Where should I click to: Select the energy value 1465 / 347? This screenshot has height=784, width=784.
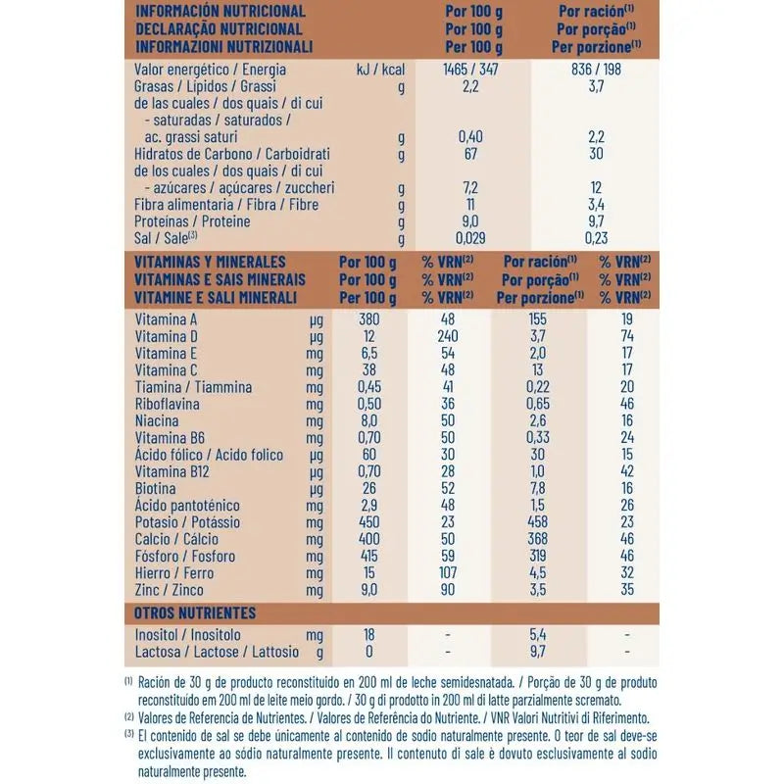(468, 71)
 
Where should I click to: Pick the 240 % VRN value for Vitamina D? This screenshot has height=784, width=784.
(448, 336)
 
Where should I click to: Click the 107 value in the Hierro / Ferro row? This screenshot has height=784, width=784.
(448, 573)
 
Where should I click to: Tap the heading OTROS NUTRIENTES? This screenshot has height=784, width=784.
(195, 613)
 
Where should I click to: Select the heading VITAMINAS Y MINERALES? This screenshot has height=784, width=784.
(210, 263)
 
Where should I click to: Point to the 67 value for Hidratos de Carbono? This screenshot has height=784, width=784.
(468, 154)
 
